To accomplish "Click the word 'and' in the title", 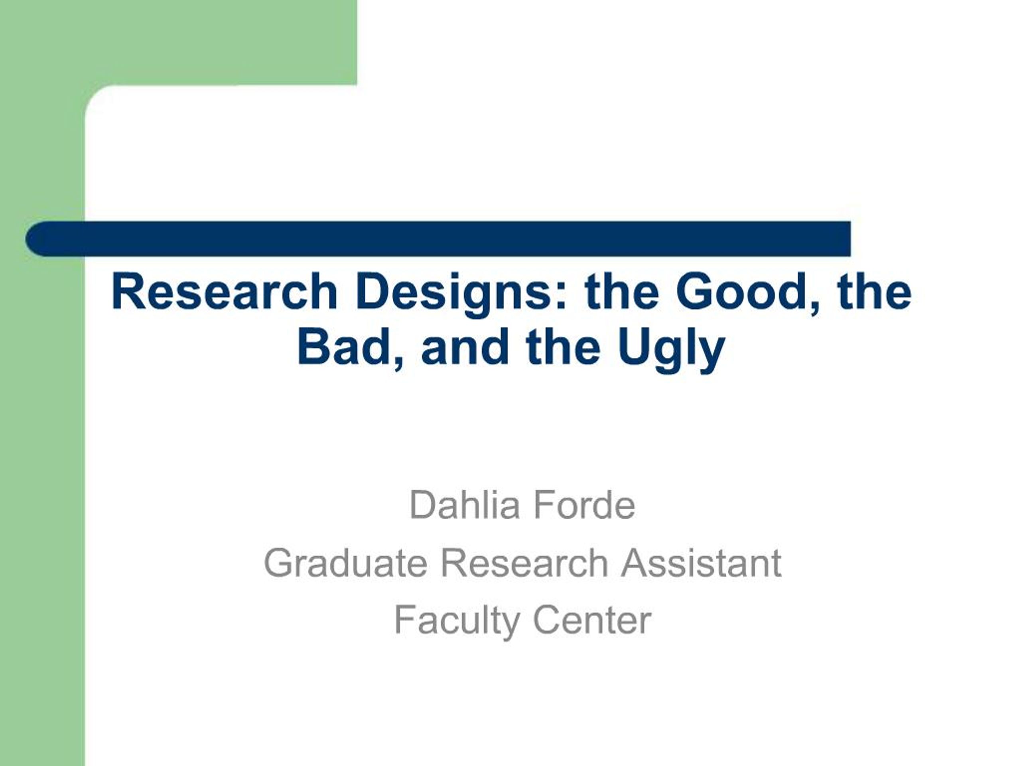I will click(x=466, y=347).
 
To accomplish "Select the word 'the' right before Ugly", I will click(x=563, y=347).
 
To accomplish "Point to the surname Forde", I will click(x=584, y=505).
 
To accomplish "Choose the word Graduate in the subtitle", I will click(x=345, y=563).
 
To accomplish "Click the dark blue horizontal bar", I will click(x=461, y=239).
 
